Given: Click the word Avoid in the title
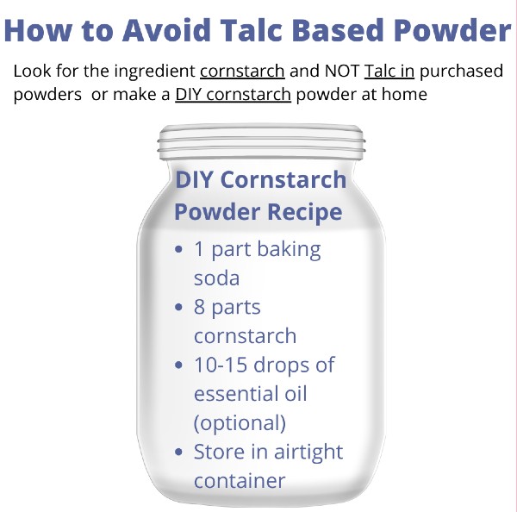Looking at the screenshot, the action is tap(166, 30).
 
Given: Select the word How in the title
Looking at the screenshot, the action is tap(38, 30).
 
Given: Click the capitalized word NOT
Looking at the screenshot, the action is tap(342, 71).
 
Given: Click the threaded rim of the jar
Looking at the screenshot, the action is tap(261, 142).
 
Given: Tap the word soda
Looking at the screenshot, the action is tap(216, 278).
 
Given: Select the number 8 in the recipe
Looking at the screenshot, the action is tap(200, 307).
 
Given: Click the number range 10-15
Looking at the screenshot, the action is tap(221, 365).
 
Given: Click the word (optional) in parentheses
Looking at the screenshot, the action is tap(240, 423).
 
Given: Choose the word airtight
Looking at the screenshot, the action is tap(308, 453).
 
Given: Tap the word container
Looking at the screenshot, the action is tap(240, 481).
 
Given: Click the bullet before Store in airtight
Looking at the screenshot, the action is tap(178, 452).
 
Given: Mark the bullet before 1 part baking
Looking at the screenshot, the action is tap(178, 249).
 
